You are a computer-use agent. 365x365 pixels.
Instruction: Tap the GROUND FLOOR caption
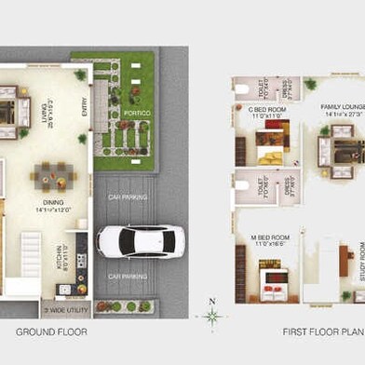pos(51,331)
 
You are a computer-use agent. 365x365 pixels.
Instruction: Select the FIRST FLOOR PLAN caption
pos(323,331)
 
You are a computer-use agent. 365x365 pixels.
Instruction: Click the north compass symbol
pos(213,317)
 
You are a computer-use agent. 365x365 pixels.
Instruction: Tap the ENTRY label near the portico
pos(84,110)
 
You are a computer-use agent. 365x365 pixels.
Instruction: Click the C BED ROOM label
pos(268,112)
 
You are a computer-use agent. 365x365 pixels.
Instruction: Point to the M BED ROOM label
pos(270,240)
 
